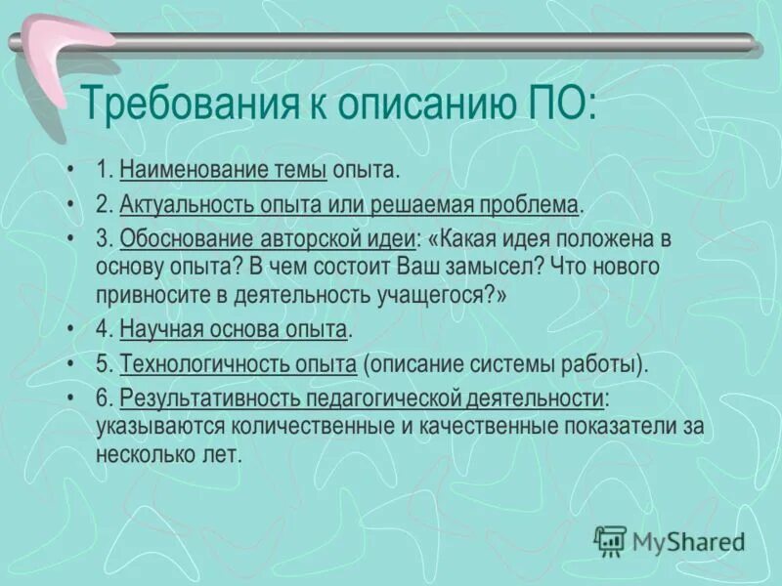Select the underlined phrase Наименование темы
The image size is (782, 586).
click(x=223, y=171)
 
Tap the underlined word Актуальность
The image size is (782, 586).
click(x=181, y=204)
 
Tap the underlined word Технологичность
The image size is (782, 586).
click(x=198, y=364)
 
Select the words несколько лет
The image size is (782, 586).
click(x=167, y=455)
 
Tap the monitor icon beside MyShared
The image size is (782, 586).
click(x=610, y=540)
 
